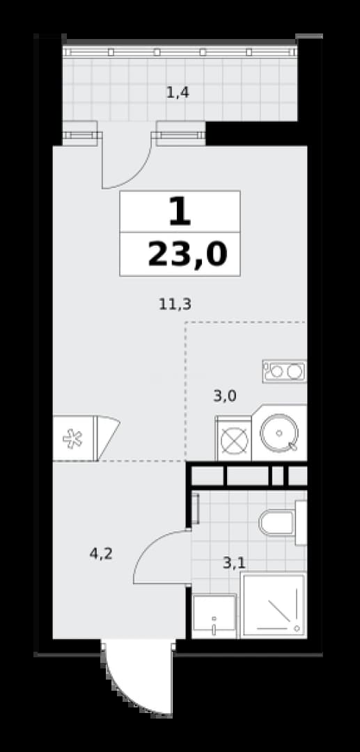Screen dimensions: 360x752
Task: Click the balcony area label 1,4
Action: (178, 92)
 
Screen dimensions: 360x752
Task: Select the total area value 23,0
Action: (187, 254)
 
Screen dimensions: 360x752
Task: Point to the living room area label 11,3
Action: (175, 304)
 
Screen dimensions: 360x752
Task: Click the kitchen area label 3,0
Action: (225, 396)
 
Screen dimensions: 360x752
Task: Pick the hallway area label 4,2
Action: (101, 554)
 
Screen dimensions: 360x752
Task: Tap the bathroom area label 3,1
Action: (235, 562)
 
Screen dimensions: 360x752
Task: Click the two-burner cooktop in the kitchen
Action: (284, 370)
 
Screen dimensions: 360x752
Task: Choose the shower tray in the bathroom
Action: (273, 605)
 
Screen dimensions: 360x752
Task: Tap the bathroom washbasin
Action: (214, 616)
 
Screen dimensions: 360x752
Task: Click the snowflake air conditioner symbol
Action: (73, 439)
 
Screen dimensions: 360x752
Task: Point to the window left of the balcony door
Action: (81, 135)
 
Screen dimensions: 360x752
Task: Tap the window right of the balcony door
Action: (180, 135)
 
